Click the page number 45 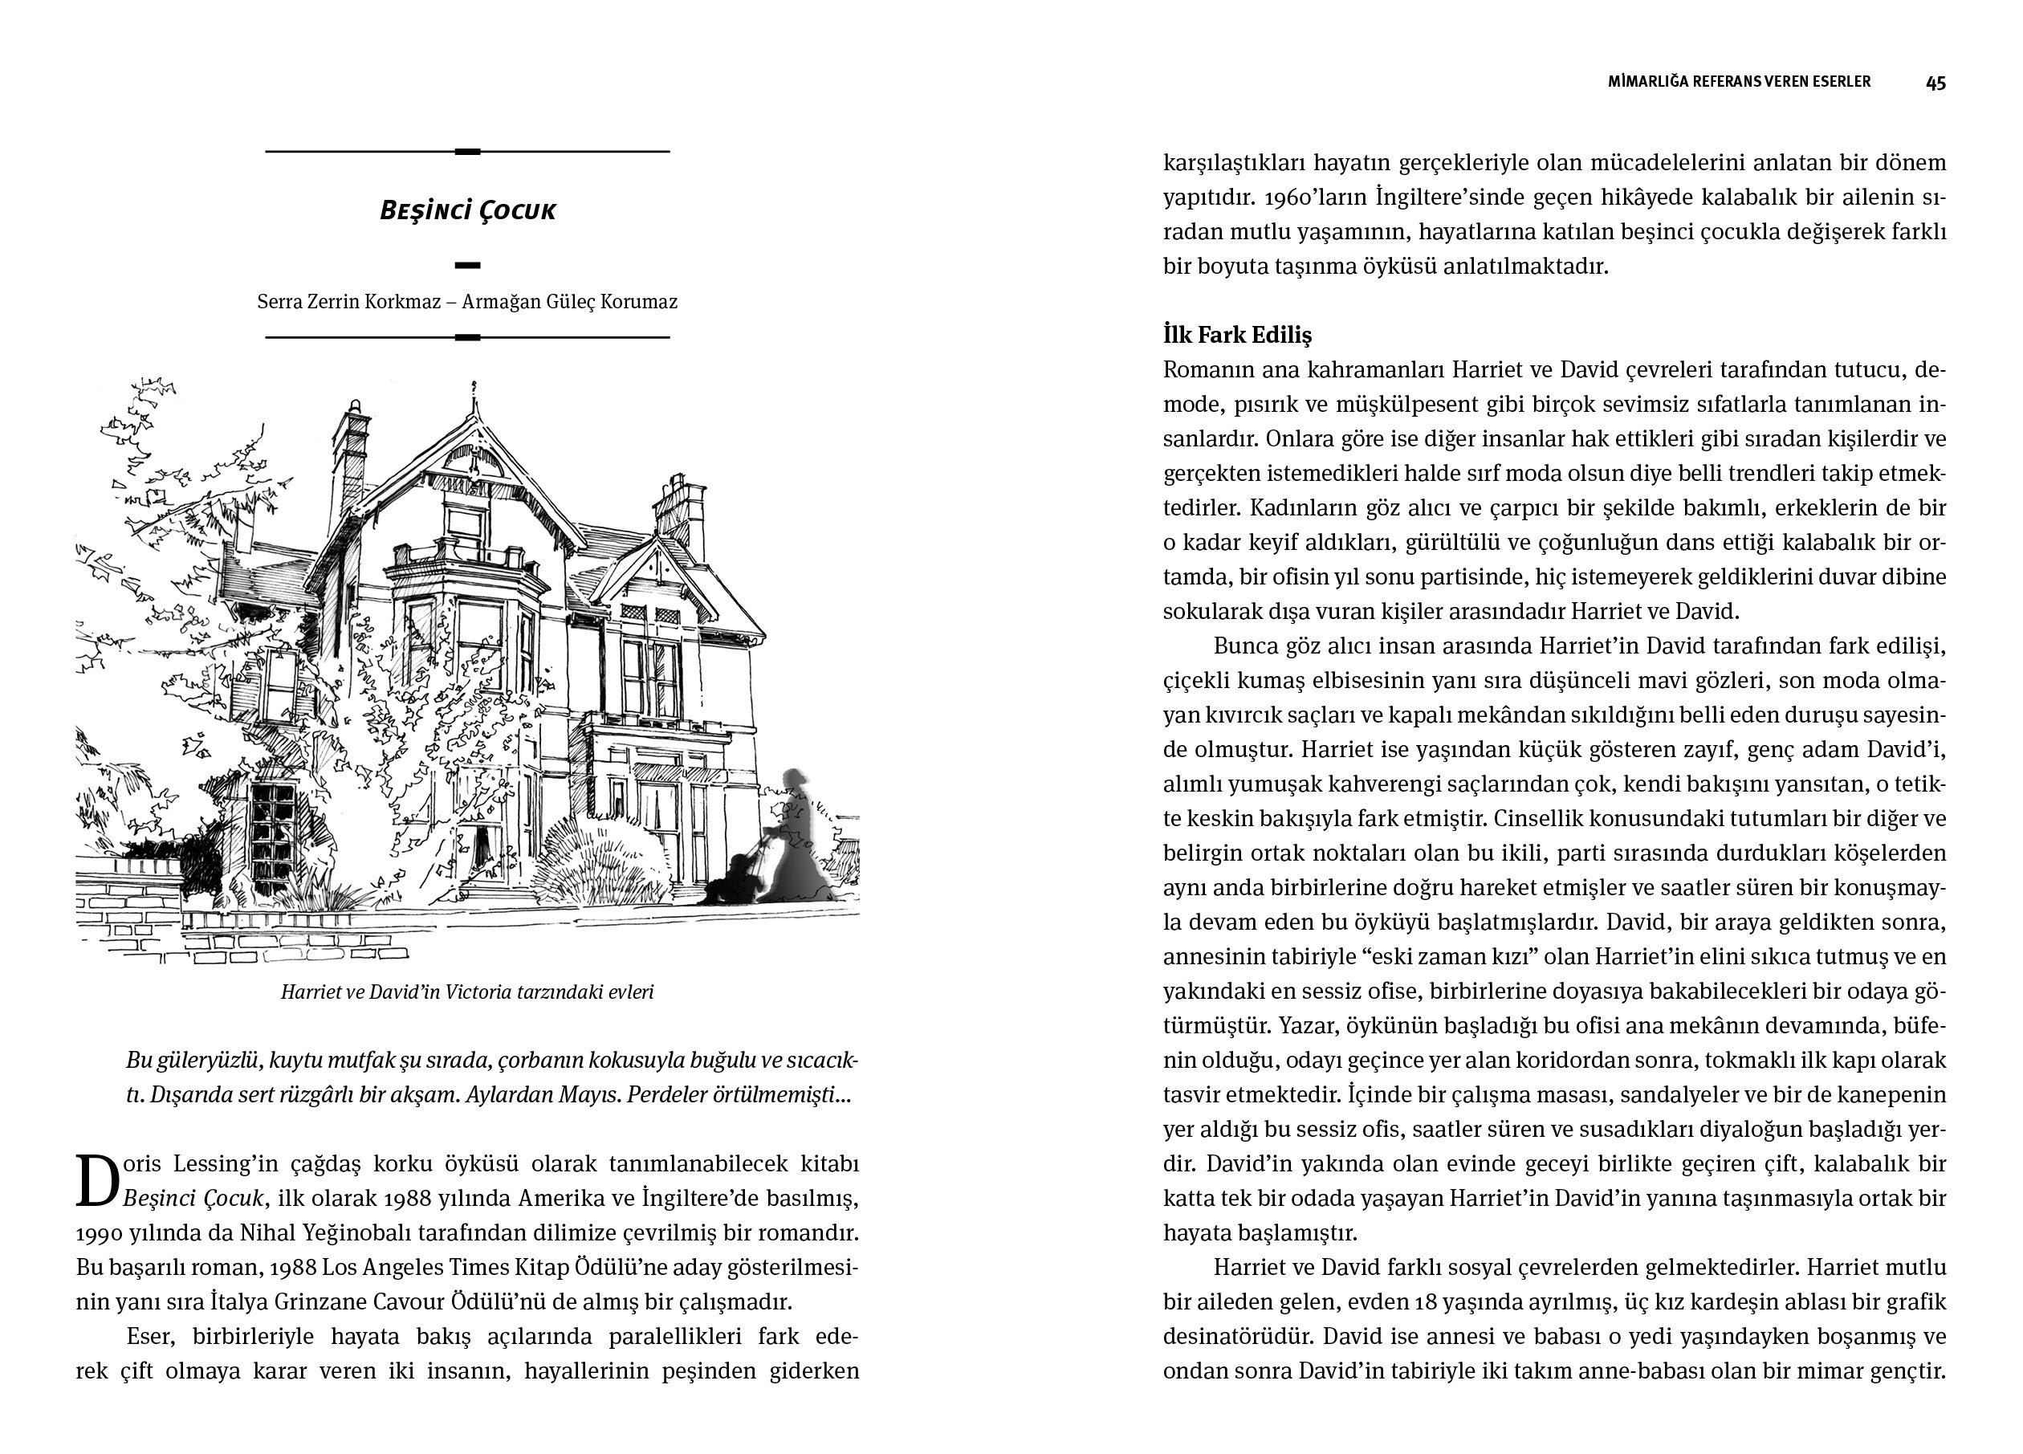click(1935, 83)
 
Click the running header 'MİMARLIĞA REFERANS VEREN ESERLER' click(1739, 82)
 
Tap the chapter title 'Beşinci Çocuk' click(467, 210)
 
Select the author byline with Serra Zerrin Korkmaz click(467, 302)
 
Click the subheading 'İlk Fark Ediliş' click(1237, 336)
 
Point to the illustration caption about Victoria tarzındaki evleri click(467, 992)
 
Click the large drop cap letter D click(96, 1183)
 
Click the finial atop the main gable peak click(474, 390)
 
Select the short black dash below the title click(467, 265)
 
